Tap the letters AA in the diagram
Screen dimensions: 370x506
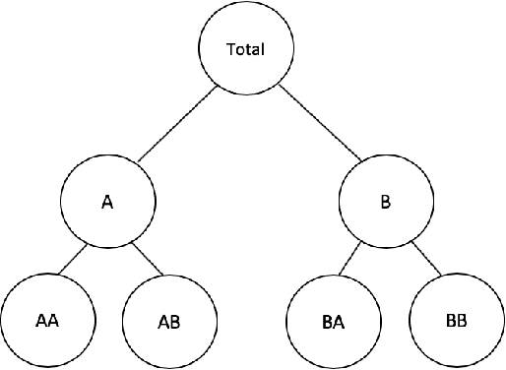[x=45, y=321]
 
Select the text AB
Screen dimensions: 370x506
[x=168, y=322]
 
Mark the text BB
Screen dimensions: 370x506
[x=457, y=321]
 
